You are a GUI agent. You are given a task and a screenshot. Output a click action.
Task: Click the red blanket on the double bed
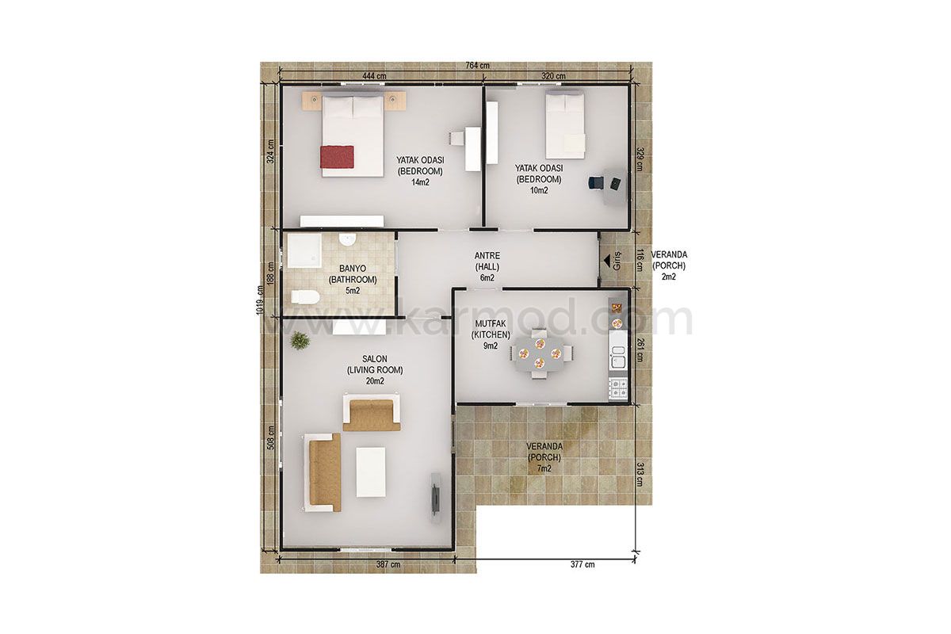click(337, 157)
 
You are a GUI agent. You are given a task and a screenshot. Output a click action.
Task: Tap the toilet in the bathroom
click(305, 296)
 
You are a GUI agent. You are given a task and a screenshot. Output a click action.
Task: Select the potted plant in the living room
click(300, 341)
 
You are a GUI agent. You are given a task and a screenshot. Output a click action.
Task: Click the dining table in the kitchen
click(539, 353)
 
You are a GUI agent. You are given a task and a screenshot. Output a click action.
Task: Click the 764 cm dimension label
click(477, 66)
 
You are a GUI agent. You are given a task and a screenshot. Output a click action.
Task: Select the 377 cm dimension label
click(582, 564)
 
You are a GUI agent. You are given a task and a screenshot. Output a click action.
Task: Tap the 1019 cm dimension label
click(260, 300)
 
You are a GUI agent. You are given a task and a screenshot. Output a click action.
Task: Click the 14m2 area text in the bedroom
click(420, 182)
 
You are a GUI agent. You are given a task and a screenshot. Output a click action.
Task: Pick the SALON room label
click(374, 359)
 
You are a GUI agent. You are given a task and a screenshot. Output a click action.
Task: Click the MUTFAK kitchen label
click(491, 323)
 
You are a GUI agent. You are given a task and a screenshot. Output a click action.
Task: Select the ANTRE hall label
click(487, 256)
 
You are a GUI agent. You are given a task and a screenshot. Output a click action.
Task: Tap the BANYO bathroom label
click(353, 269)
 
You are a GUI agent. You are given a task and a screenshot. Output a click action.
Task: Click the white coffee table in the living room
click(371, 472)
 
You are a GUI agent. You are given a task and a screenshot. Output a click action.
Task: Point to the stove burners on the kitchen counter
click(617, 388)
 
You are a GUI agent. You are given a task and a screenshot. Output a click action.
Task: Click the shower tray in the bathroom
click(304, 251)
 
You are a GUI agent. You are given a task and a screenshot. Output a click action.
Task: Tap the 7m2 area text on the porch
click(544, 469)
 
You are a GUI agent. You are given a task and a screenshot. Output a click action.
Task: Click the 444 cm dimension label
click(374, 76)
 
